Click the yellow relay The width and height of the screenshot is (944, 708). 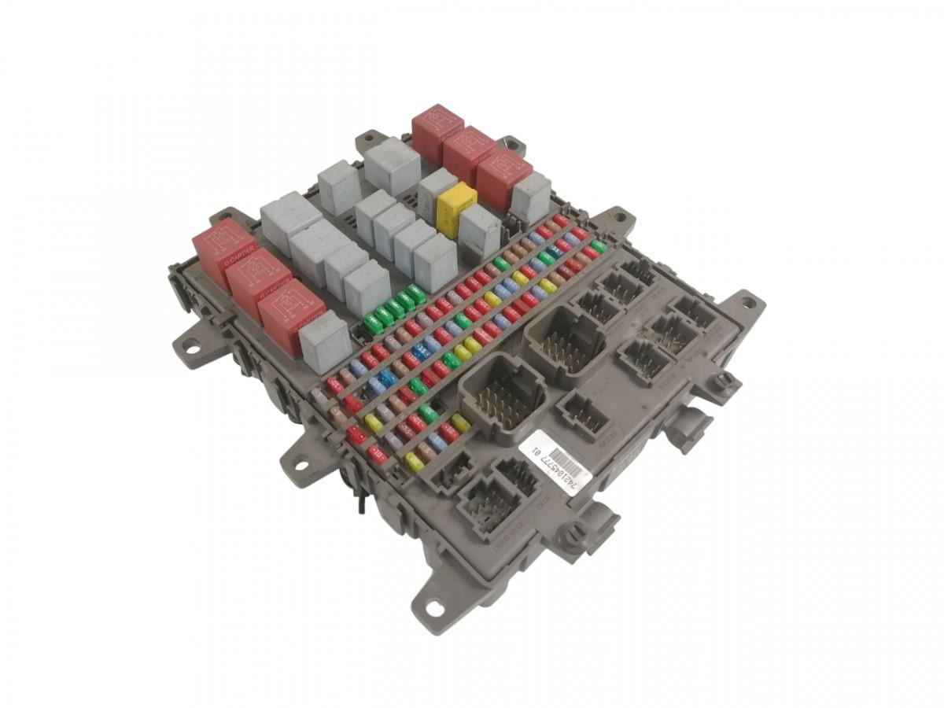pyautogui.click(x=456, y=209)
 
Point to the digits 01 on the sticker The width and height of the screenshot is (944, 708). pyautogui.click(x=538, y=452)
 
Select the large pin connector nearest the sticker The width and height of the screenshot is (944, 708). pyautogui.click(x=503, y=391)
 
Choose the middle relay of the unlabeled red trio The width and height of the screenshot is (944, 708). pyautogui.click(x=469, y=154)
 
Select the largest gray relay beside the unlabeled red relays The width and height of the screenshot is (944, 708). pyautogui.click(x=392, y=164)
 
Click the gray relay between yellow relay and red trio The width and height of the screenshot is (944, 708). pyautogui.click(x=437, y=191)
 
